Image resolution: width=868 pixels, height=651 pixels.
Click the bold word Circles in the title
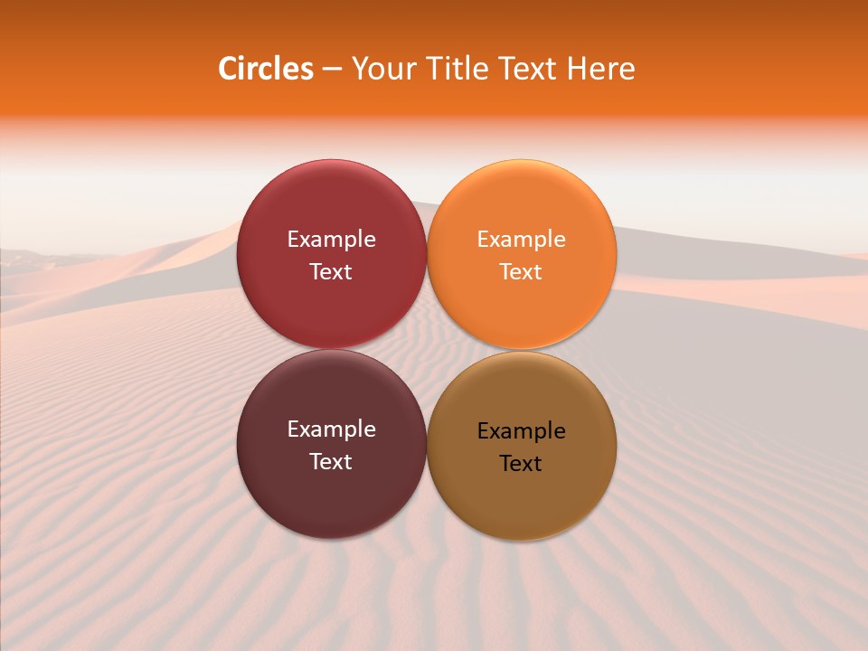coord(266,69)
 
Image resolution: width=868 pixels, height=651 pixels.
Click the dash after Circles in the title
coord(332,70)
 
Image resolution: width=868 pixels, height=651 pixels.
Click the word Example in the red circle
coord(331,240)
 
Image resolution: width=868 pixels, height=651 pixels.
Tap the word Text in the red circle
coord(331,272)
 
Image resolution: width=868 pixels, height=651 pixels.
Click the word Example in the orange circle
coord(522,240)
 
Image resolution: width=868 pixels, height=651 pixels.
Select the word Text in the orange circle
coord(522,272)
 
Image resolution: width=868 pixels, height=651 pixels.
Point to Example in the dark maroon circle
coord(331,429)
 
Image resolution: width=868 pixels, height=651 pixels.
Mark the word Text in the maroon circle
coord(331,462)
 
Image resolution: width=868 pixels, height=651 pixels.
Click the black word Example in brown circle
coord(522,431)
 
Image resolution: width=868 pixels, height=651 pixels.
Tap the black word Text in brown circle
coord(522,464)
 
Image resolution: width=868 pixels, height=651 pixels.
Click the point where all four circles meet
coord(427,350)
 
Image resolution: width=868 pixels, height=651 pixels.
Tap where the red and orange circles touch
coord(427,254)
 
